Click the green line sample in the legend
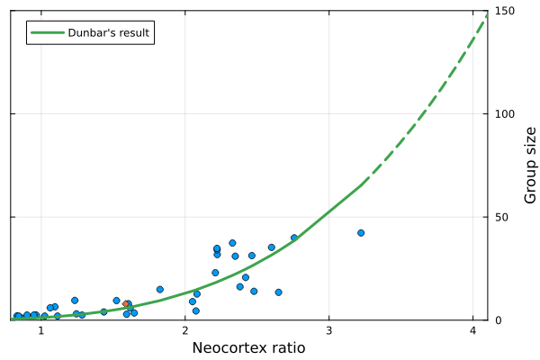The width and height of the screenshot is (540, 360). (x=46, y=33)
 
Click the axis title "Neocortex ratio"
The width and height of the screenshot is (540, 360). (x=249, y=348)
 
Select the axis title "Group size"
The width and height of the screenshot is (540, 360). (x=530, y=165)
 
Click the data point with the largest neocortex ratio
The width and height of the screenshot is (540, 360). (x=361, y=232)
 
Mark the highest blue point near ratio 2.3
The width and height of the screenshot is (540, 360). (x=232, y=243)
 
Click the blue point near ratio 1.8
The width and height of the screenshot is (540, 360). (x=160, y=290)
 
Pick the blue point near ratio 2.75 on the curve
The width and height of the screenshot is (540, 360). (x=294, y=238)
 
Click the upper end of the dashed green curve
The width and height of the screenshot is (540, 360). (x=487, y=15)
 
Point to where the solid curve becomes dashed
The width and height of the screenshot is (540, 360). (x=362, y=184)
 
